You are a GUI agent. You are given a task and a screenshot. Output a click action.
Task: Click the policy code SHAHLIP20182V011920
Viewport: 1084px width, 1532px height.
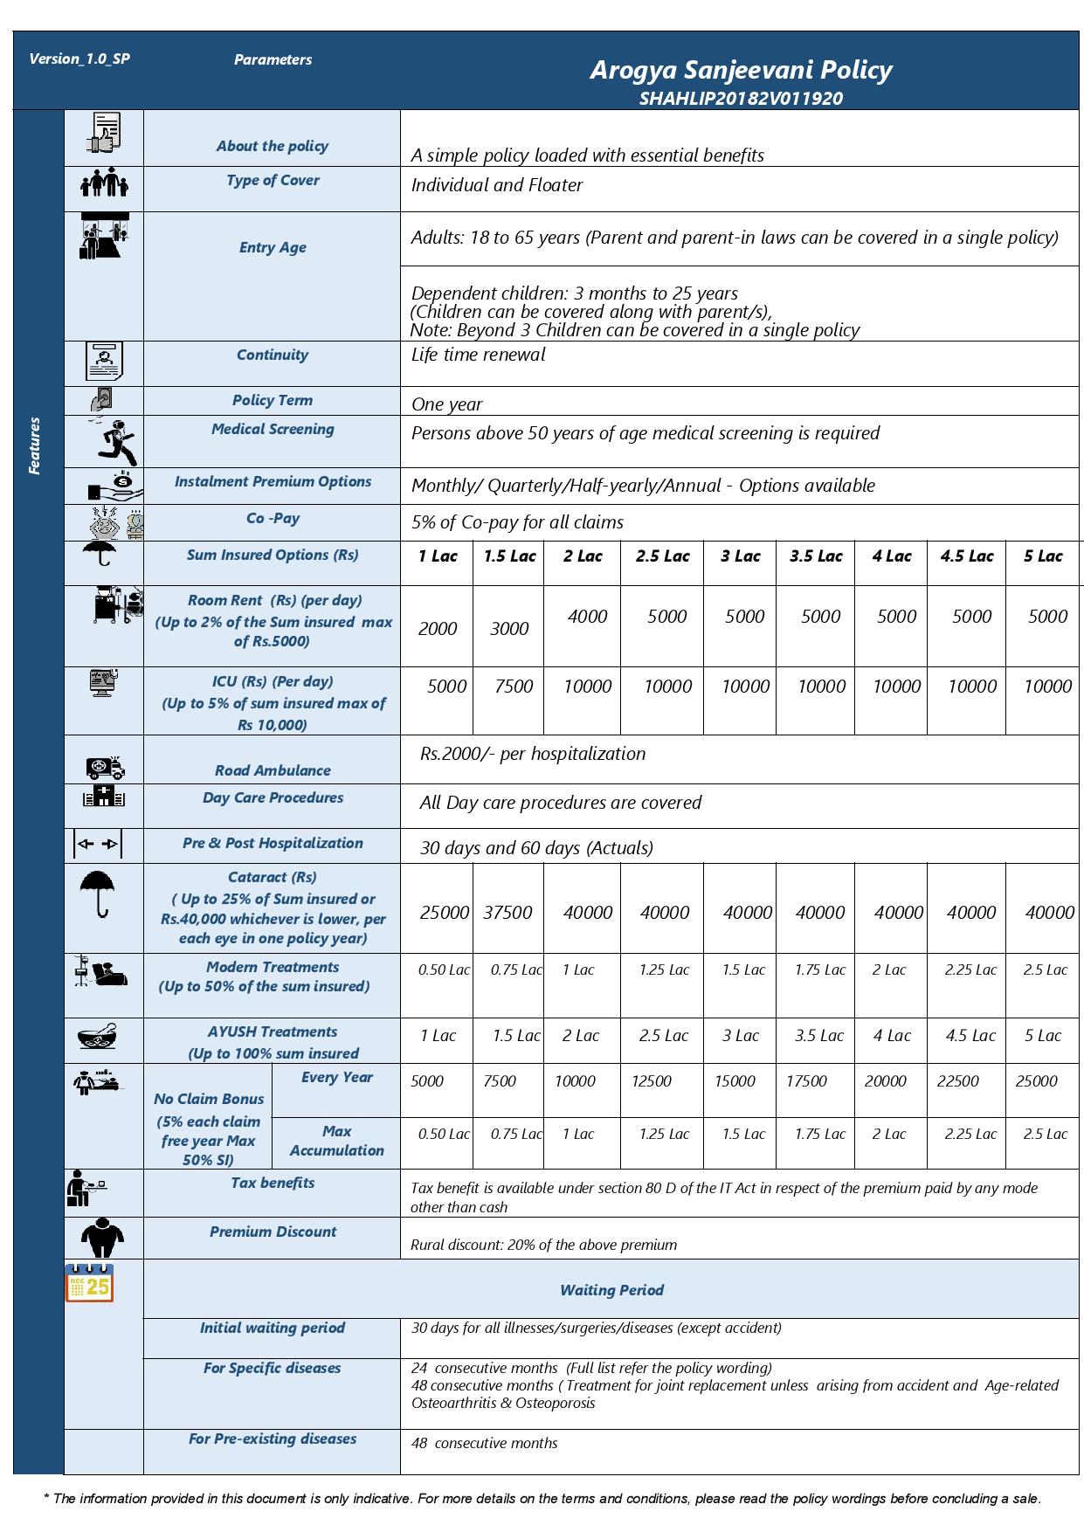tap(740, 98)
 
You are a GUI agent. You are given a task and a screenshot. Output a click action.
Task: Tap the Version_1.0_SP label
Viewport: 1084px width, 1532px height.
tap(79, 59)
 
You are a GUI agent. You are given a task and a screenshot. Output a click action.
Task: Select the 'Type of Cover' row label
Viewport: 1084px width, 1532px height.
tap(273, 180)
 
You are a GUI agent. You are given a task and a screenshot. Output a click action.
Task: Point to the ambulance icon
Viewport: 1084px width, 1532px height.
tap(106, 767)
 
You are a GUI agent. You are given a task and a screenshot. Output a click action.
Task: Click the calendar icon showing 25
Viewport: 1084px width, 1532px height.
tap(90, 1283)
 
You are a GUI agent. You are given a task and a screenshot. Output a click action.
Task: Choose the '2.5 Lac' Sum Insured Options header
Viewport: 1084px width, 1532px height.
tap(663, 556)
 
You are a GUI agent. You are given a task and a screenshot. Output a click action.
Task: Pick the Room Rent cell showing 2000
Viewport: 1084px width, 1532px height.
tap(437, 628)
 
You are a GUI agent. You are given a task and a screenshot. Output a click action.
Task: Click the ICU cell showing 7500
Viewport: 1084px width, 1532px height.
tap(513, 686)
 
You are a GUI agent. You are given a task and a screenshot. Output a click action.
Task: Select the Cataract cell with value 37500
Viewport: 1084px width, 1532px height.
tap(507, 912)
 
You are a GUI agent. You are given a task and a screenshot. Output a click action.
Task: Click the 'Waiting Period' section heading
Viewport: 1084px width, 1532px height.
tap(611, 1289)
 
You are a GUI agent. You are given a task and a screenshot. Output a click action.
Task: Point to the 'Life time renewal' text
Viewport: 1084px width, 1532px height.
tap(478, 355)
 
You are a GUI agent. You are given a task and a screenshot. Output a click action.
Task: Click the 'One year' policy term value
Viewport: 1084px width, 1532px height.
tap(446, 404)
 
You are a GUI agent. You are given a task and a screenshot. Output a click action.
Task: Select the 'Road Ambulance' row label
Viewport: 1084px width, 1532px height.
tap(273, 769)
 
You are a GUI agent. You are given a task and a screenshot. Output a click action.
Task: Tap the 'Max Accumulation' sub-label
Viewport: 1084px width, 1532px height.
tap(336, 1141)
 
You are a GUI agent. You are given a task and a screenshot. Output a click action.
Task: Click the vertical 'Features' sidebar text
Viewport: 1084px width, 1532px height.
tap(35, 445)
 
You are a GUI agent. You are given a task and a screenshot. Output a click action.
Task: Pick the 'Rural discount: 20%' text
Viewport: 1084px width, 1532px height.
tap(543, 1245)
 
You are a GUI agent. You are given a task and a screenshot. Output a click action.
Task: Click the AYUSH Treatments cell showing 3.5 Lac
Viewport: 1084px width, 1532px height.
tap(818, 1035)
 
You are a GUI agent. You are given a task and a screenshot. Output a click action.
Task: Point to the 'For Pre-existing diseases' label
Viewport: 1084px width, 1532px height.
tap(273, 1438)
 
